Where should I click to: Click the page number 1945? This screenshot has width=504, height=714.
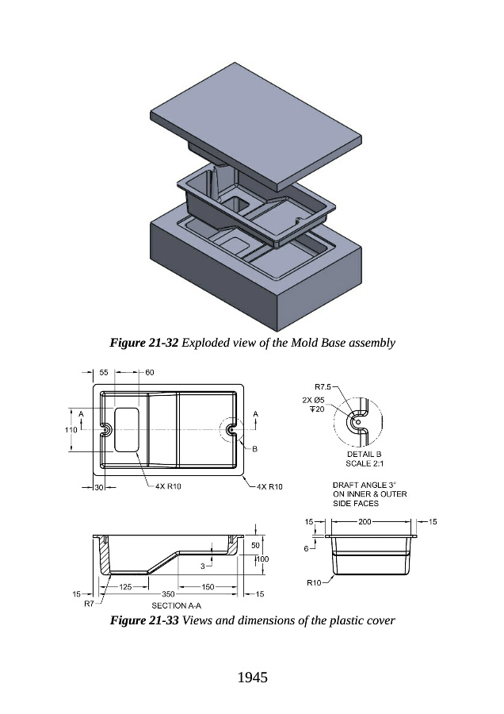pos(252,677)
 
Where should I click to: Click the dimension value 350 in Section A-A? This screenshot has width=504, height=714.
pos(168,593)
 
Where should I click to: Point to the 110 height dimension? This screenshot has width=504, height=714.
pos(70,429)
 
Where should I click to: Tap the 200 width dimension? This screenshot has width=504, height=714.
pos(365,521)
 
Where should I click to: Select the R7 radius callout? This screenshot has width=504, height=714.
pos(89,604)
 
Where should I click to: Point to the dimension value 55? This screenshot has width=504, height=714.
pos(103,372)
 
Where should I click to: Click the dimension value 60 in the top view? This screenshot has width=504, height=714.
pos(149,372)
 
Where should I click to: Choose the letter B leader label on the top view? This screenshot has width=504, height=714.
pos(255,449)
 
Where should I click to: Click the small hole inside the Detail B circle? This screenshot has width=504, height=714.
pos(357,422)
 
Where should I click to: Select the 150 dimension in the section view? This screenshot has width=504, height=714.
pos(208,586)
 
